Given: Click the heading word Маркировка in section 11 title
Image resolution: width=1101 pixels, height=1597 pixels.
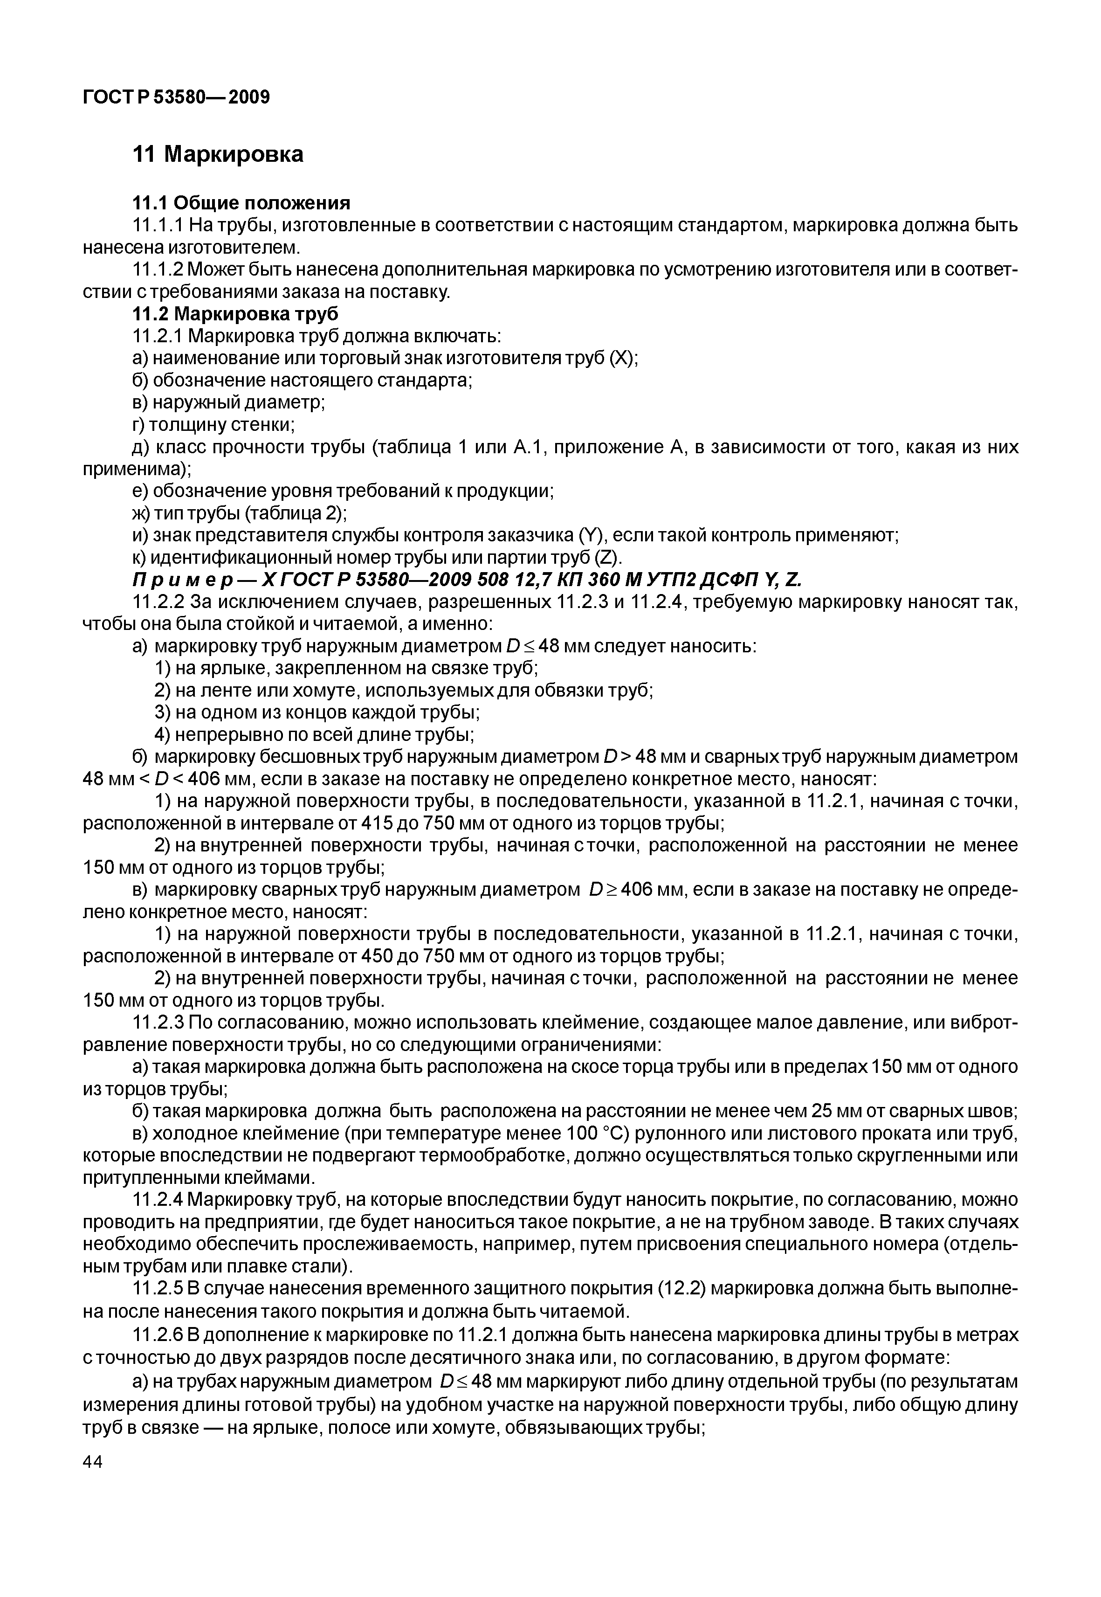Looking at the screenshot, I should point(234,154).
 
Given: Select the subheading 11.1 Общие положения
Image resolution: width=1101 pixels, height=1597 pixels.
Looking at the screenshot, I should point(241,203).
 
